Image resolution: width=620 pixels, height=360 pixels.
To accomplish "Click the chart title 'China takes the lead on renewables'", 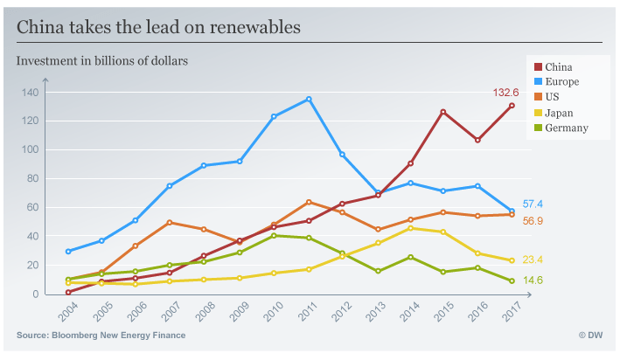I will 159,27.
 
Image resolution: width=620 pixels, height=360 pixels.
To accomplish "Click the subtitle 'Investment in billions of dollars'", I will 102,60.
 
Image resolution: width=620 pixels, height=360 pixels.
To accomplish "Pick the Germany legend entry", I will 566,128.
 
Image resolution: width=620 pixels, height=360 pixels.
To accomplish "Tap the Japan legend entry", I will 561,113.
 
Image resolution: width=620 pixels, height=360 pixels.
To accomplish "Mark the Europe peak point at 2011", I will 310,99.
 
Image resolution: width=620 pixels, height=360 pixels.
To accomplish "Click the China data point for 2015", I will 443,112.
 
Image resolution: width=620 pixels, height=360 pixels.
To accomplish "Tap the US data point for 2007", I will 170,223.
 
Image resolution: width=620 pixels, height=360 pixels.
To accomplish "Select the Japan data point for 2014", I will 410,228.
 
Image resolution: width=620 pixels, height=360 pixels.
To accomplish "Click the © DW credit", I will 591,336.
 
